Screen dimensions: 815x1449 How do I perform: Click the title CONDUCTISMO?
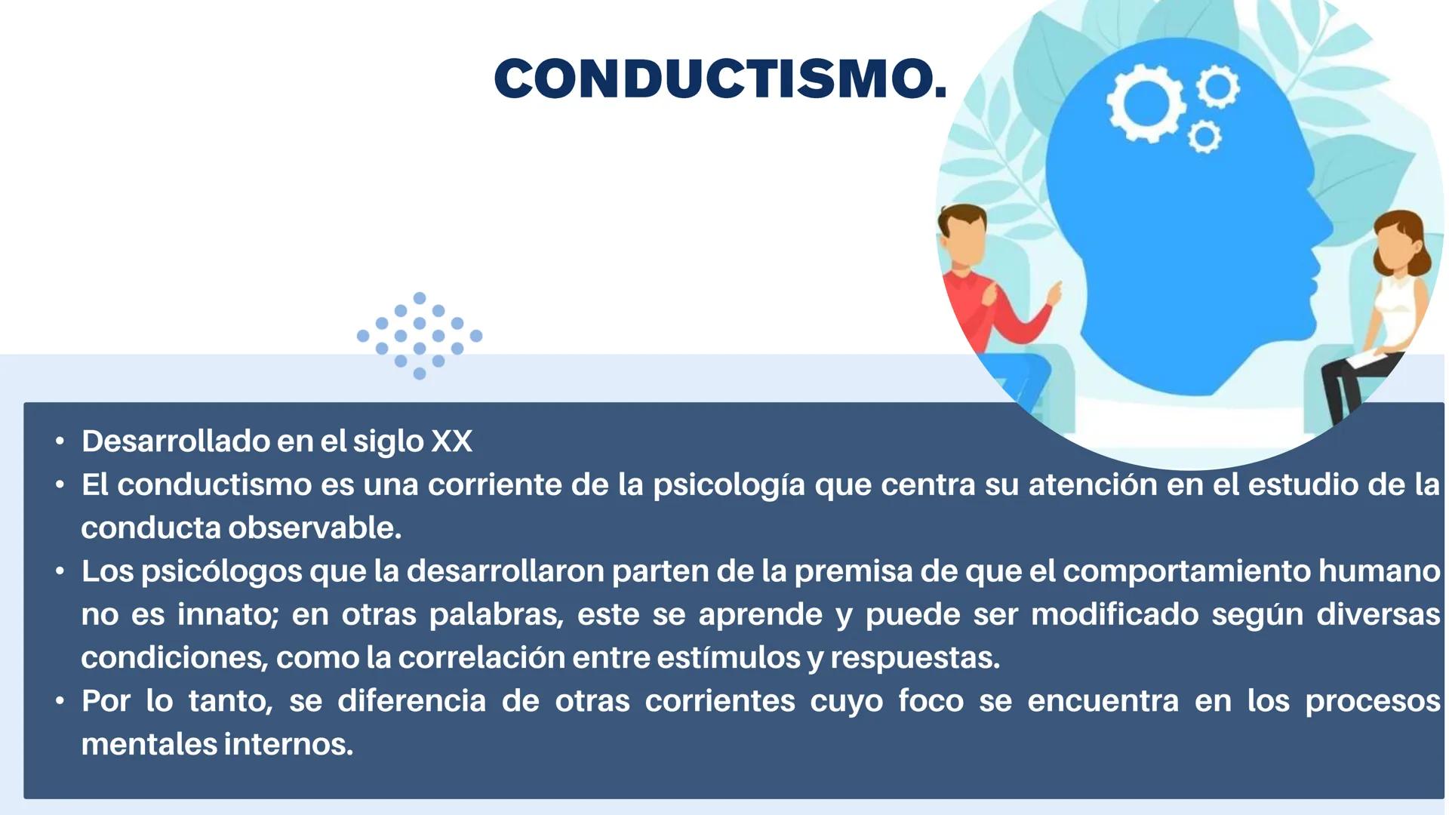pos(720,78)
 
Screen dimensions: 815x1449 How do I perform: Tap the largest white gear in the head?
pos(1146,104)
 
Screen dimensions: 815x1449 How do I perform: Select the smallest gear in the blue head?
pos(1204,137)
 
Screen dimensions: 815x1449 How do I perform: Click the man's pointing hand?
pos(1054,291)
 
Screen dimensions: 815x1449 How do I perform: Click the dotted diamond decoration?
pos(420,336)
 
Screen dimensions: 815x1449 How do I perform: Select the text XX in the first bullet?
pos(451,441)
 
